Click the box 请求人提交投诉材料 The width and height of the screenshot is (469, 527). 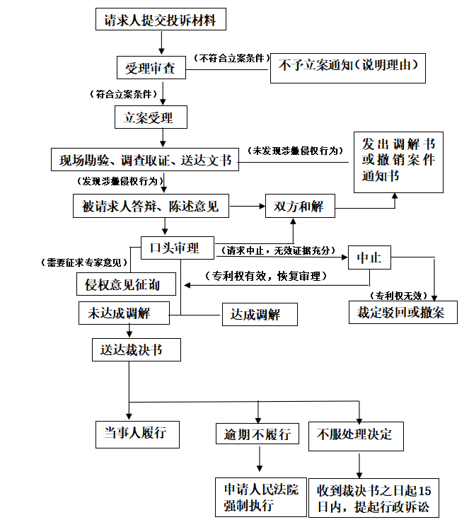pos(161,21)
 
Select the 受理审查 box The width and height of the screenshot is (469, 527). pos(151,68)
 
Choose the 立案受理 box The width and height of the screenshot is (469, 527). pos(151,116)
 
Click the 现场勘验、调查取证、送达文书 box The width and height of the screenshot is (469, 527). pos(144,160)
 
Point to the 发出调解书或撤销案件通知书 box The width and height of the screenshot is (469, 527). pos(398,162)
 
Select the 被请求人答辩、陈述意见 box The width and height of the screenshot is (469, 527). pos(151,207)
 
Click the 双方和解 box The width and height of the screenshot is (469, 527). pos(299,207)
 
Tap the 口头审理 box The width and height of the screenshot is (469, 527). pos(176,248)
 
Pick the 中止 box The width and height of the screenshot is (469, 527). pos(369,258)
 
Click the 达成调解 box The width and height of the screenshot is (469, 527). pos(259,313)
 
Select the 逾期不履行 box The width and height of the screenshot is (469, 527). pos(257,434)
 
